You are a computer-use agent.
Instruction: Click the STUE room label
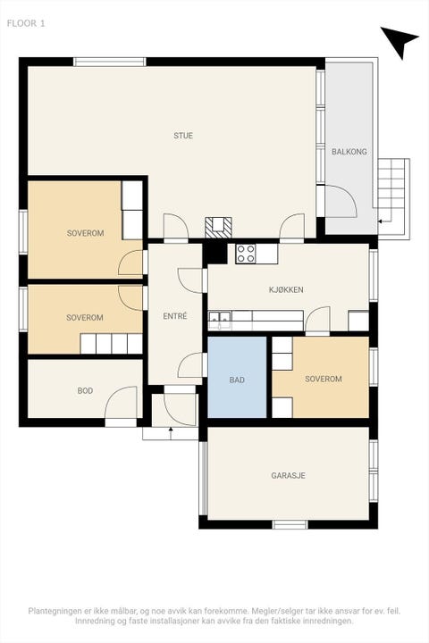tap(183, 136)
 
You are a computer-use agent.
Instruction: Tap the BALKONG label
tap(349, 152)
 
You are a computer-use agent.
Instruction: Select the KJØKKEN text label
tap(286, 289)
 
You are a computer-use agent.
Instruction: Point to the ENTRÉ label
tap(175, 316)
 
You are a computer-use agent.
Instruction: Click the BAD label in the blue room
tap(237, 380)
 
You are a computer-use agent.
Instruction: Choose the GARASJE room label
tap(288, 476)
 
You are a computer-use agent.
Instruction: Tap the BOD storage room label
tap(85, 391)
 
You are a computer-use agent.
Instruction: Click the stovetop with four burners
tap(246, 254)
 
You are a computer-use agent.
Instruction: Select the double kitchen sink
tap(220, 320)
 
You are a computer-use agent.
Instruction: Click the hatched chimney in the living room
tap(218, 227)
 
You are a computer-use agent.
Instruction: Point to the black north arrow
tap(399, 41)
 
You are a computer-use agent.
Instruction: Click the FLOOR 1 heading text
tap(26, 23)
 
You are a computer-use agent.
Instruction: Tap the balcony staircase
tap(393, 196)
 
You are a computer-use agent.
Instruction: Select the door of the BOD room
tap(122, 402)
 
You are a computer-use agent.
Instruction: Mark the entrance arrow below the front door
tap(171, 433)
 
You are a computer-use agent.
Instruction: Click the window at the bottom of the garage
tap(290, 524)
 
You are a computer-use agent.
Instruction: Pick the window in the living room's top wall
tap(110, 62)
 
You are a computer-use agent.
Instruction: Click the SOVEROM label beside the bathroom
tap(324, 379)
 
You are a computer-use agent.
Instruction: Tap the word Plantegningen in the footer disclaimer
tap(55, 611)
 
